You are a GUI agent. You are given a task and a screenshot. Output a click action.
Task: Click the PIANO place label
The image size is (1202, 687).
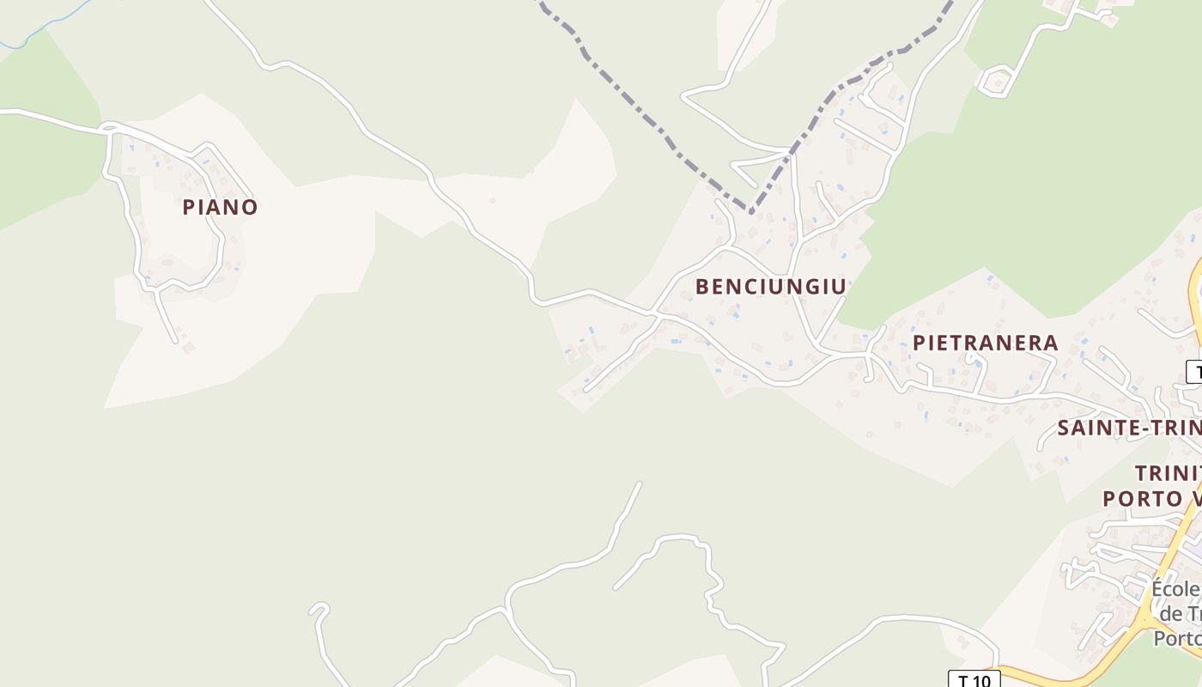220,207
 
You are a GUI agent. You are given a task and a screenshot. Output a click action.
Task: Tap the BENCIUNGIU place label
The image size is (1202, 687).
770,287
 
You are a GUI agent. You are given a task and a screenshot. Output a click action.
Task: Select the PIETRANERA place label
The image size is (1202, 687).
985,343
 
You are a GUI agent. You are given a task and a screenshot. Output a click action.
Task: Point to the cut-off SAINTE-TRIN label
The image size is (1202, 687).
1128,428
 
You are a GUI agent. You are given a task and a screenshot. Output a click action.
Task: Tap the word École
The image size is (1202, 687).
1175,590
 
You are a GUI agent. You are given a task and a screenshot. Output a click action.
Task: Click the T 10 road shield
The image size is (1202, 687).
974,680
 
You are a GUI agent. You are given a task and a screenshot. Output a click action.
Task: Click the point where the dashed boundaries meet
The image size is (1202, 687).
750,211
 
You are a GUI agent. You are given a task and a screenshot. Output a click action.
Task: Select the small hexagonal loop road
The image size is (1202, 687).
996,82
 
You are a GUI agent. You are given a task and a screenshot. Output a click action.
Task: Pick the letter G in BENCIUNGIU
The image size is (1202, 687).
816,287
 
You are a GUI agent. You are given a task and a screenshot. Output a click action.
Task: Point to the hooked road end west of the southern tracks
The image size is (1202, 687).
319,609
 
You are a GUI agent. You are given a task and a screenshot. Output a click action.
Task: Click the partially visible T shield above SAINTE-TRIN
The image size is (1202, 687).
1194,372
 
